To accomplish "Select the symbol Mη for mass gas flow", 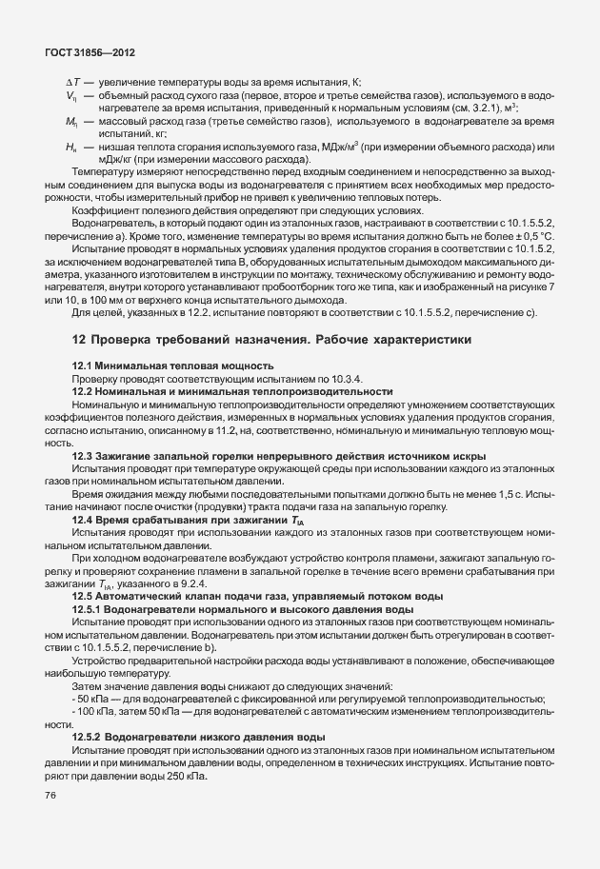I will click(71, 123).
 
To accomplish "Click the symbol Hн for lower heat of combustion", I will click(71, 148).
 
